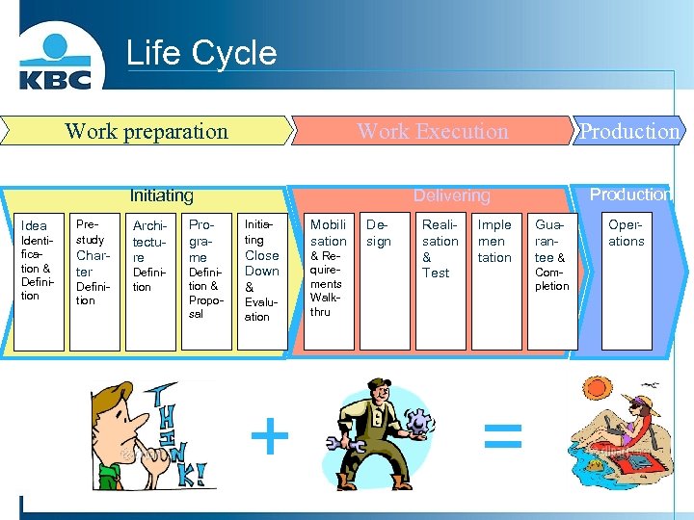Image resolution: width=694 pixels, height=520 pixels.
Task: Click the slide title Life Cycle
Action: point(201,53)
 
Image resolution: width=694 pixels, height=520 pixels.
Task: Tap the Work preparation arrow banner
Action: point(147,131)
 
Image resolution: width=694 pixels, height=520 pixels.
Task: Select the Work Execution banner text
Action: point(432,131)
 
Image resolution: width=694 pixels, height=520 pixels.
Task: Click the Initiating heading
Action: point(162,195)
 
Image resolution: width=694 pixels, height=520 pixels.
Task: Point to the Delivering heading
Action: point(451,195)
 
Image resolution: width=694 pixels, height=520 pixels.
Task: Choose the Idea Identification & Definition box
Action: point(38,279)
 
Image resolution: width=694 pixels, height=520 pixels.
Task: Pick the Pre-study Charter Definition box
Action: point(94,279)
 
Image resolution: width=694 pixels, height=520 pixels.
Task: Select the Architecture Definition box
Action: point(150,279)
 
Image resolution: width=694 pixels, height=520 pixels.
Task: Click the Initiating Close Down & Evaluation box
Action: point(262,279)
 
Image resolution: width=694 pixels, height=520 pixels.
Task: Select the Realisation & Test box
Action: point(440,279)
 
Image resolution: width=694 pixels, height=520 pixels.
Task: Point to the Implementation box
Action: point(495,279)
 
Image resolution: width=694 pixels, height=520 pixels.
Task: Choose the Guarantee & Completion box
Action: point(552,279)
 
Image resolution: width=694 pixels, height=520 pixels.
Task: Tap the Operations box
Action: point(626,279)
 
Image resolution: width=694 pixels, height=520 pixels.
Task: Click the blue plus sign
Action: point(270,438)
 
